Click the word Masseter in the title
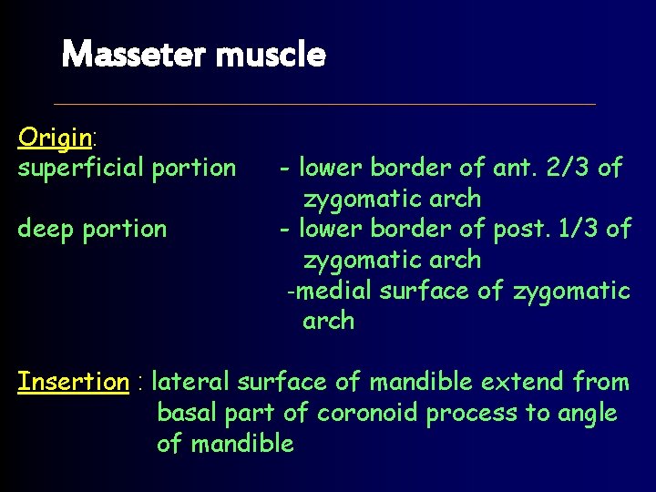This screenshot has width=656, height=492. click(133, 56)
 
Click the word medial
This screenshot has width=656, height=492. click(334, 291)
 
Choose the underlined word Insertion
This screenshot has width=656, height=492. click(73, 382)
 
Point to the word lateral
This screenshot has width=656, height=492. click(194, 382)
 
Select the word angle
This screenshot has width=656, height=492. click(585, 413)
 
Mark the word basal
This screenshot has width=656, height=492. click(188, 413)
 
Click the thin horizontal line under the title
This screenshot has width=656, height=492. click(324, 103)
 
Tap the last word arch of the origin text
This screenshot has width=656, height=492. click(328, 322)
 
